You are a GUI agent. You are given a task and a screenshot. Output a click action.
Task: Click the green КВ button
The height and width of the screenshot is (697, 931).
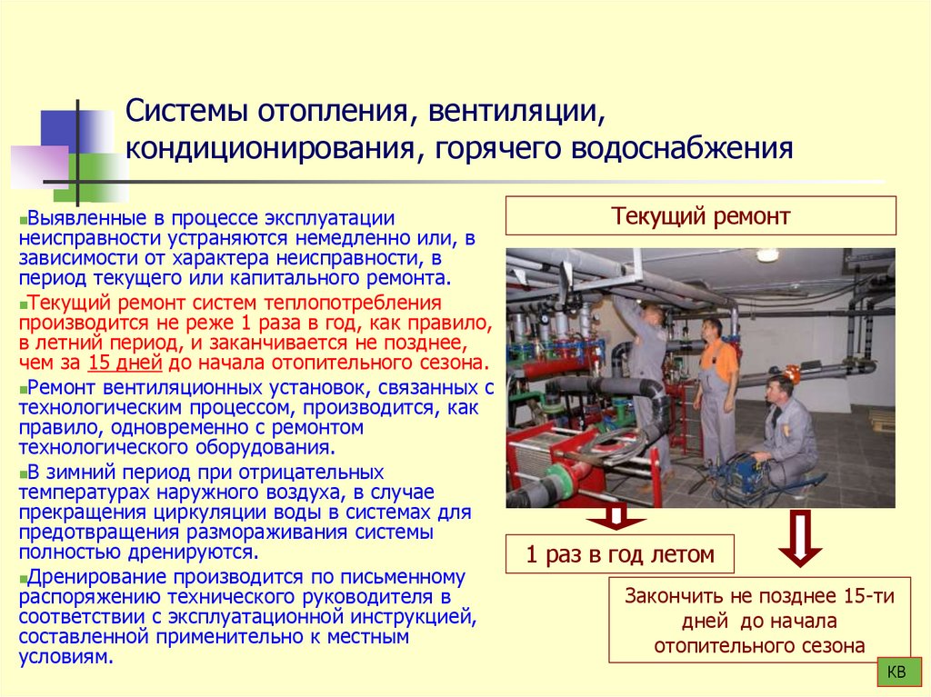click(x=896, y=672)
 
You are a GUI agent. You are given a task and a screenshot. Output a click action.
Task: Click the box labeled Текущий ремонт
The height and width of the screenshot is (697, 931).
click(x=700, y=216)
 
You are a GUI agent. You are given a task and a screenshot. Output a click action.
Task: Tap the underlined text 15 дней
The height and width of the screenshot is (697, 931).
click(x=125, y=362)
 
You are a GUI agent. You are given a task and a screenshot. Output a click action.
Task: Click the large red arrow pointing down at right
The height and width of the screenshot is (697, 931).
click(x=800, y=538)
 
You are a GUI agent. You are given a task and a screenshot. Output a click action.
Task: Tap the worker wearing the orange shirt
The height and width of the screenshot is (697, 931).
click(x=716, y=386)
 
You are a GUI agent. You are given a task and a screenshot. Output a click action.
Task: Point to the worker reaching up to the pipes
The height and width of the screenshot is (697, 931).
click(x=647, y=363)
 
